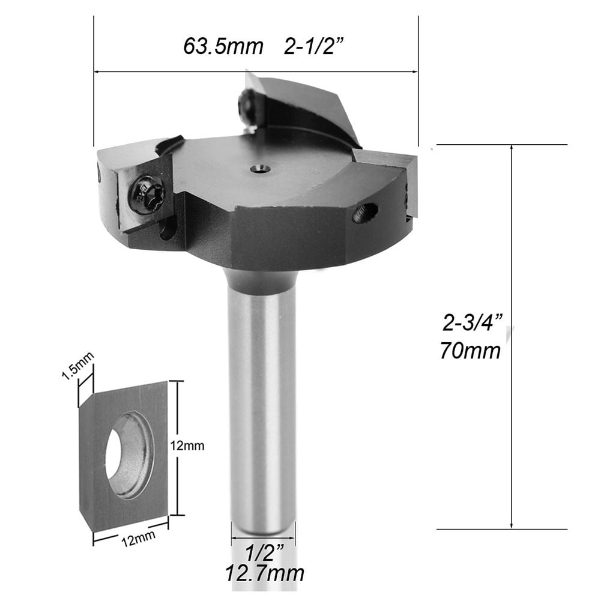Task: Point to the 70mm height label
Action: (470, 350)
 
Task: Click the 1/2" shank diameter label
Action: (262, 549)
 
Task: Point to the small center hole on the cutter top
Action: (261, 170)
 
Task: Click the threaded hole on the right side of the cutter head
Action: (365, 213)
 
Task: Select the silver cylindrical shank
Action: (262, 408)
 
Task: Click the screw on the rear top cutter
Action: (246, 106)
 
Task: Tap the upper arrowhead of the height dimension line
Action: (512, 149)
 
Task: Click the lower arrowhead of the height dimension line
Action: (512, 524)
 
